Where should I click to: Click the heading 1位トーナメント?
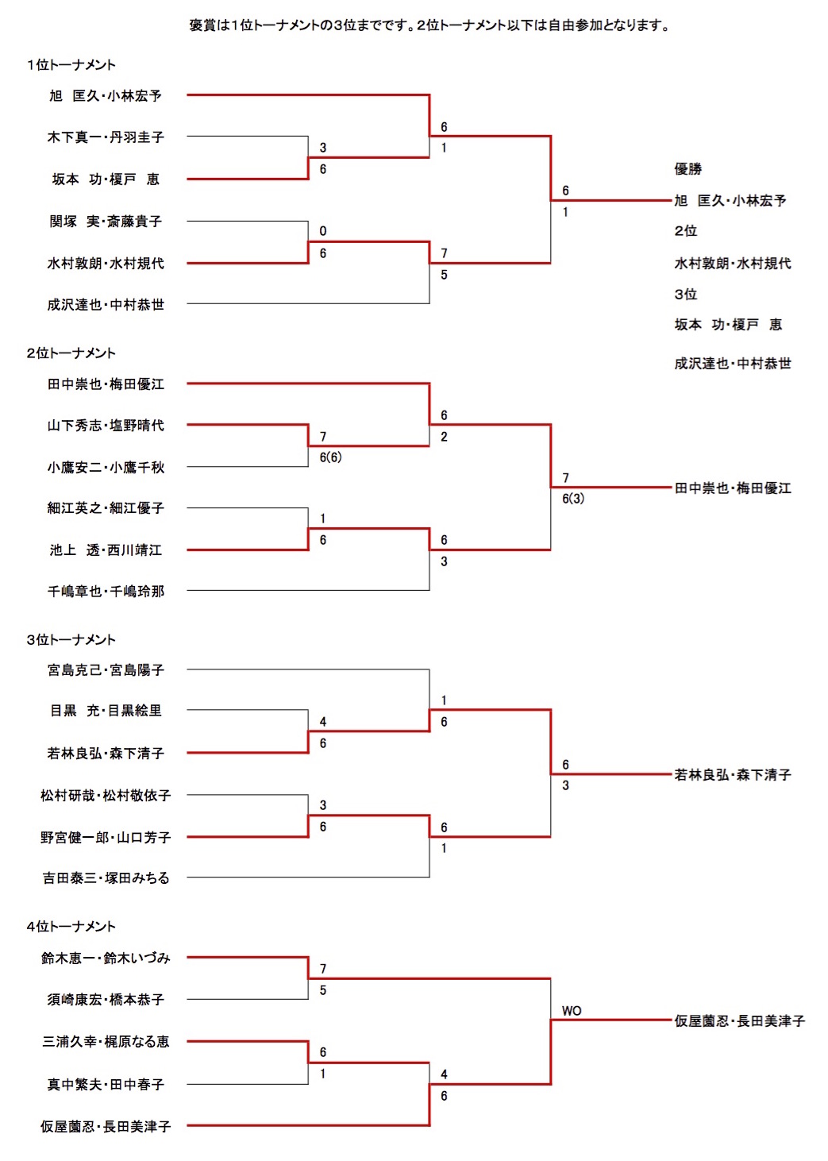pyautogui.click(x=71, y=65)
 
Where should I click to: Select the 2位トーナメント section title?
pyautogui.click(x=71, y=353)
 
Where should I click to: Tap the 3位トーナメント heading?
pyautogui.click(x=71, y=640)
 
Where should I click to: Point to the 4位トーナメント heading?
pyautogui.click(x=71, y=927)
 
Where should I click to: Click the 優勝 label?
pyautogui.click(x=688, y=168)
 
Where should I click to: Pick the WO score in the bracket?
pyautogui.click(x=572, y=1011)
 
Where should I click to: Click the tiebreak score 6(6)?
pyautogui.click(x=330, y=457)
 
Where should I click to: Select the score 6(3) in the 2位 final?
pyautogui.click(x=573, y=499)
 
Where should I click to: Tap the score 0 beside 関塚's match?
pyautogui.click(x=323, y=231)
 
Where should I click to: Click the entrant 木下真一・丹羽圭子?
pyautogui.click(x=106, y=137)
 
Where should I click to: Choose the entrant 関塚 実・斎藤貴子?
pyautogui.click(x=106, y=222)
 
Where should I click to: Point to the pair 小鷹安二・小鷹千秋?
pyautogui.click(x=106, y=468)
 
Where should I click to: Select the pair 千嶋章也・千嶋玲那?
pyautogui.click(x=106, y=592)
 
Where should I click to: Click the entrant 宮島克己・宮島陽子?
pyautogui.click(x=106, y=670)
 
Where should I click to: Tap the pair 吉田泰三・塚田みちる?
pyautogui.click(x=106, y=878)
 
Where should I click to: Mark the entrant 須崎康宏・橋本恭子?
pyautogui.click(x=106, y=1000)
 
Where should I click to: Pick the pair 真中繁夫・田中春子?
pyautogui.click(x=106, y=1085)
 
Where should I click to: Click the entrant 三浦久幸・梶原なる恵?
pyautogui.click(x=106, y=1042)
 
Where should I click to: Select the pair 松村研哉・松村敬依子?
pyautogui.click(x=106, y=796)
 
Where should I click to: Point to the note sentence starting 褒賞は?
pyautogui.click(x=429, y=25)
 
